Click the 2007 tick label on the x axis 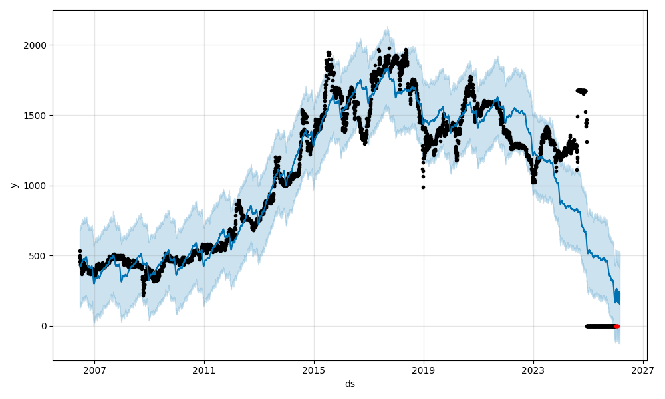(94, 370)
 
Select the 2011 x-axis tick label (204, 370)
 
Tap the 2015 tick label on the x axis (314, 370)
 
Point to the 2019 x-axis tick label (424, 370)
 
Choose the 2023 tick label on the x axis (533, 370)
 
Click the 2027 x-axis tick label (643, 370)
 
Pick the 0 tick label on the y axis (44, 326)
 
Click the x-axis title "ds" (350, 384)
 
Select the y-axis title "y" (13, 185)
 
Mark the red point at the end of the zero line (616, 326)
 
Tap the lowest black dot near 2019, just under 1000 (423, 187)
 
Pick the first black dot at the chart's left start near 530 (80, 251)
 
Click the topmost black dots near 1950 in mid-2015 (329, 53)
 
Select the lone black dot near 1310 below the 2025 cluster (587, 142)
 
